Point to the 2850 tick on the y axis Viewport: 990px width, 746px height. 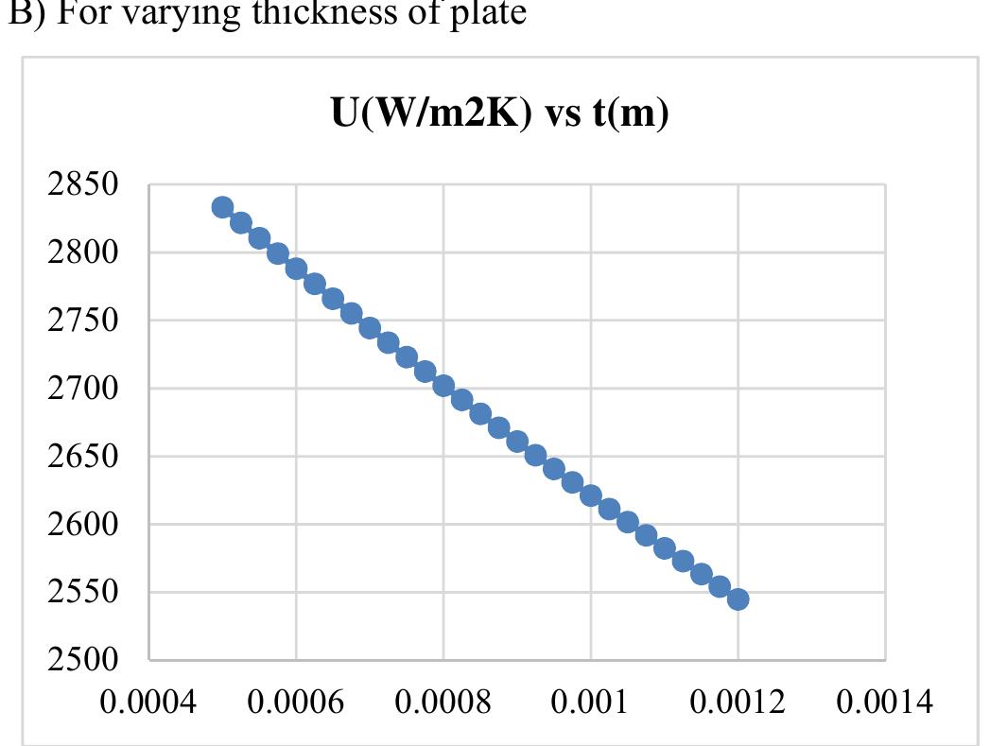click(83, 185)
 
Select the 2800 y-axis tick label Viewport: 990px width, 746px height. click(83, 253)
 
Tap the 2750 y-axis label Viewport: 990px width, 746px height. click(83, 321)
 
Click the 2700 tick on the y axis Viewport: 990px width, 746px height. click(83, 389)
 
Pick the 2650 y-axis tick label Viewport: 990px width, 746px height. click(83, 457)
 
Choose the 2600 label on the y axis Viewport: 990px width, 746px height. click(83, 525)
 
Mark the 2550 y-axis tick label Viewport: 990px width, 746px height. click(83, 593)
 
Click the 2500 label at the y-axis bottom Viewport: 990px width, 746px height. click(83, 660)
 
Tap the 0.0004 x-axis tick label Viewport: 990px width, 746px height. click(149, 702)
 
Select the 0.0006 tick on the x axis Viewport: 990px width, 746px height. click(297, 702)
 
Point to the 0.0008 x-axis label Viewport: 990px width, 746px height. click(443, 702)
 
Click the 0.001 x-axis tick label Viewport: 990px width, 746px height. click(591, 702)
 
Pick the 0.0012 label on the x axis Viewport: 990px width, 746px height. click(738, 702)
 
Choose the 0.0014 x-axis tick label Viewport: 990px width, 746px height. click(885, 702)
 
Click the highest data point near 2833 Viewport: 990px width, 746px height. click(222, 208)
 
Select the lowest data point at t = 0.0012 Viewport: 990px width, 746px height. click(738, 599)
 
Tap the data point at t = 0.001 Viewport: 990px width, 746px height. click(591, 495)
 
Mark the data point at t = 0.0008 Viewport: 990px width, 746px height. click(443, 386)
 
